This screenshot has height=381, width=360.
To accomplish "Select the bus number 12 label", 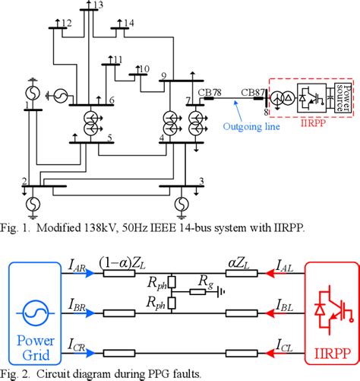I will pos(67,22).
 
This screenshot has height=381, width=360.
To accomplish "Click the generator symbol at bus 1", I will pos(33,83).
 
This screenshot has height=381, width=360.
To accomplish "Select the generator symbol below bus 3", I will pos(180,203).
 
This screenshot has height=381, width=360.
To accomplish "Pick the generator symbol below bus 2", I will pos(33,203).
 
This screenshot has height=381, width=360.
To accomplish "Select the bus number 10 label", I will pos(143,69).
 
